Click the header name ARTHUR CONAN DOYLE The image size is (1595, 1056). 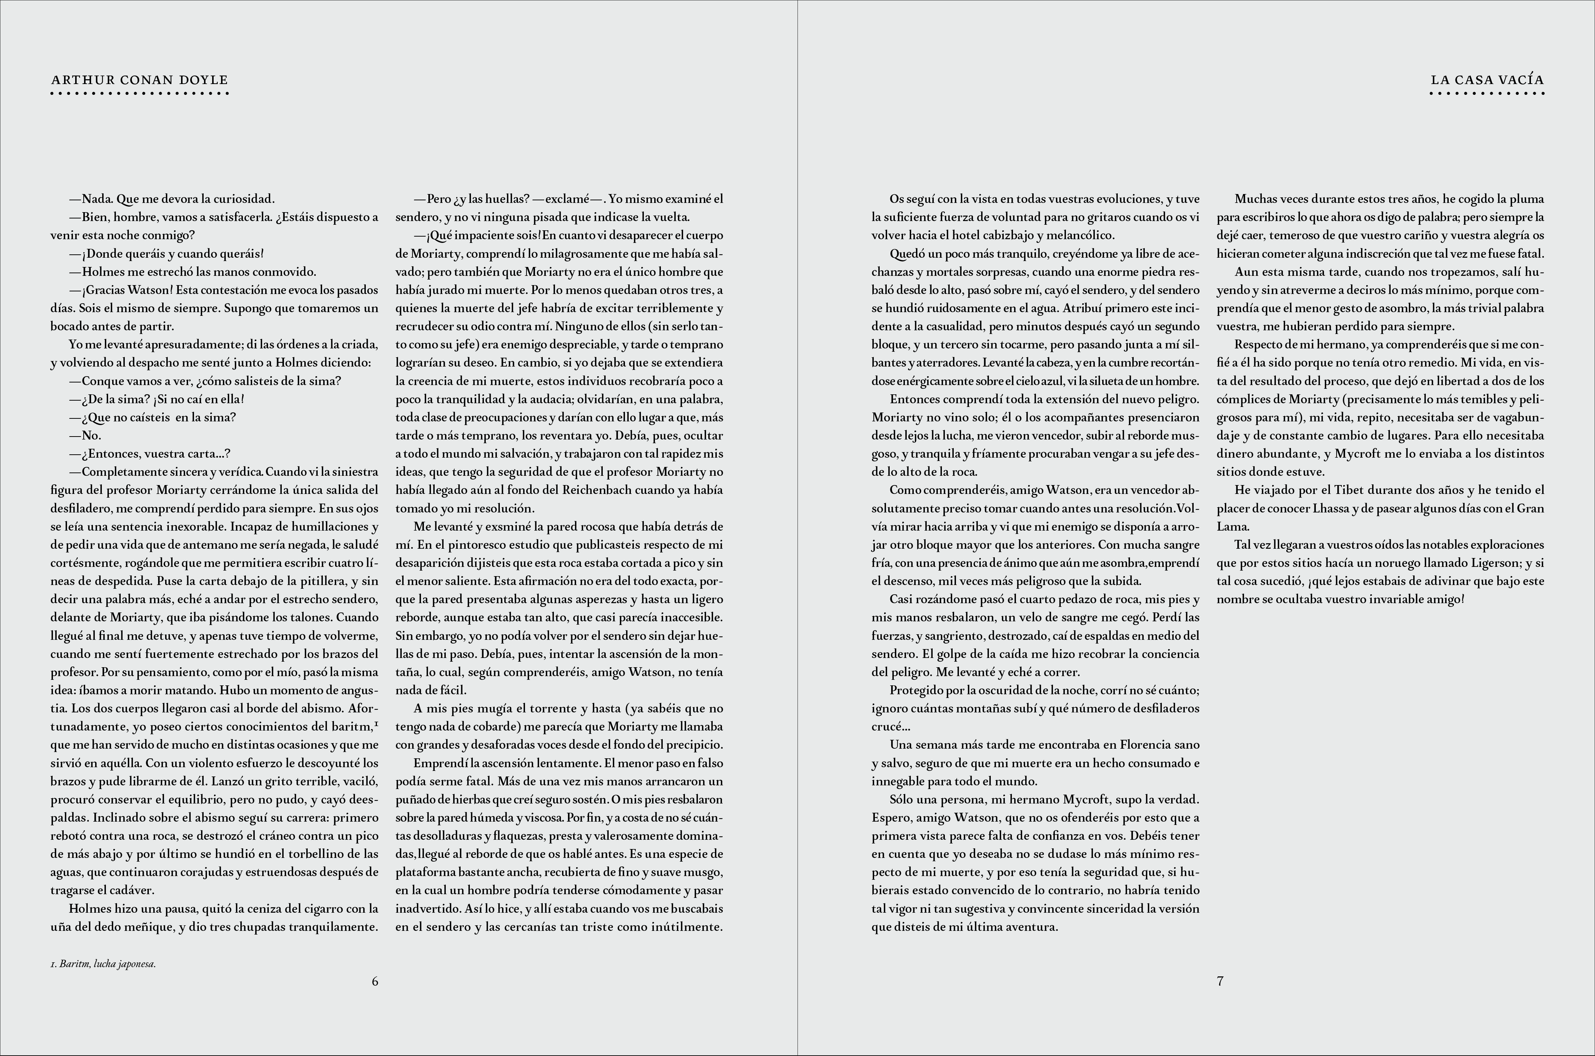click(139, 80)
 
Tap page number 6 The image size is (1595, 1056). click(375, 981)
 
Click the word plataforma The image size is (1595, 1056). click(424, 872)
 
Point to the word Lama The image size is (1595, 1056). click(1232, 527)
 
